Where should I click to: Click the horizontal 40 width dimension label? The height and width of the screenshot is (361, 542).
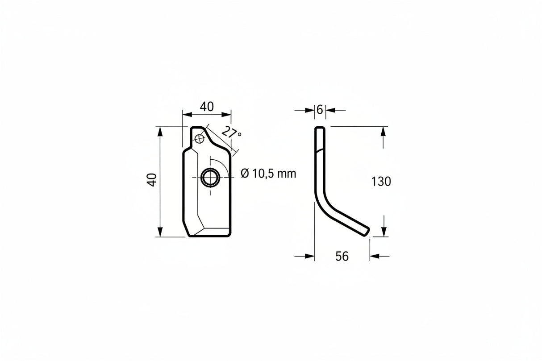(x=207, y=107)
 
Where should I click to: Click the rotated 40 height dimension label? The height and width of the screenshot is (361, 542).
(x=152, y=180)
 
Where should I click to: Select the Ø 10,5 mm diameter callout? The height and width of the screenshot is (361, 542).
(x=268, y=174)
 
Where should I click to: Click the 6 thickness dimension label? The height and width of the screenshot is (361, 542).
(x=320, y=110)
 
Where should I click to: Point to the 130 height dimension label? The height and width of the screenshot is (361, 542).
(x=381, y=182)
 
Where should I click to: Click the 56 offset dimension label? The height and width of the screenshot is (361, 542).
(x=342, y=256)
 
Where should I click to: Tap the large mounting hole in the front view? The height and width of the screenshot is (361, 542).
(x=210, y=178)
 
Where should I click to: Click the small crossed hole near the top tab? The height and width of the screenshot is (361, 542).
(x=200, y=139)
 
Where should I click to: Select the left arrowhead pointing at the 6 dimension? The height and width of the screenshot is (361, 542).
(x=310, y=111)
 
